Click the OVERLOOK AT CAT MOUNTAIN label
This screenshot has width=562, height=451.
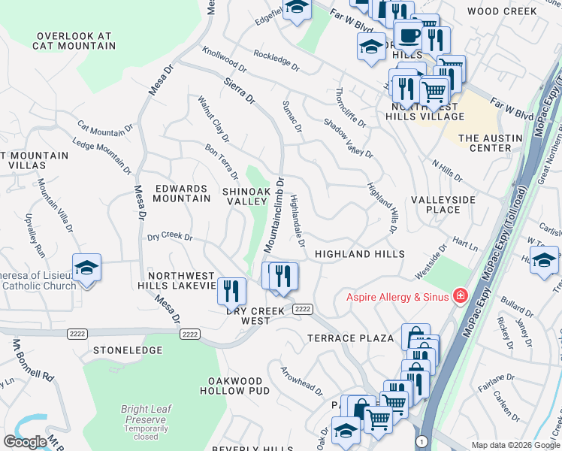74,41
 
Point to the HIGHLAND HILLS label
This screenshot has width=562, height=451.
360,255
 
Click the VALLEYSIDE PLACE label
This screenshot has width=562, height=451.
443,204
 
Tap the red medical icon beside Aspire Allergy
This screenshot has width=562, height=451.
460,297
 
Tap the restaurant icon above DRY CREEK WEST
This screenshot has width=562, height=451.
231,289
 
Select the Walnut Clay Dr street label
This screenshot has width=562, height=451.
213,119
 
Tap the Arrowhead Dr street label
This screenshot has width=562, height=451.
301,382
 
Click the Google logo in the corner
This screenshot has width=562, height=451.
25,442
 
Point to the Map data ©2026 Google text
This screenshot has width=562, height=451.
515,445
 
